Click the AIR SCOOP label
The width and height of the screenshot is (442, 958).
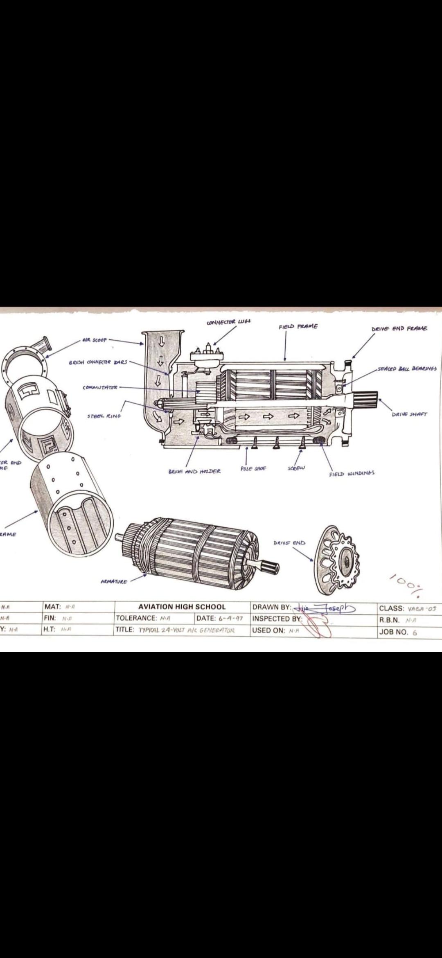click(95, 340)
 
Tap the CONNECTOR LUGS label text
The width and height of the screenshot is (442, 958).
click(229, 322)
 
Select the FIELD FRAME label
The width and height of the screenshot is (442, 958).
click(298, 327)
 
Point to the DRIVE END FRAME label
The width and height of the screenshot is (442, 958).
click(399, 328)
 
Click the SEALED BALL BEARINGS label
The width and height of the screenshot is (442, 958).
click(407, 368)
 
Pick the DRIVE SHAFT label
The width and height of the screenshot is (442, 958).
click(409, 414)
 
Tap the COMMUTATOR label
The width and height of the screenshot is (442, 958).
click(100, 387)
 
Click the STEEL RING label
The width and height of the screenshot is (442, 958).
click(104, 416)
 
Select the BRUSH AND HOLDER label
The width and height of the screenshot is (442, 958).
click(194, 471)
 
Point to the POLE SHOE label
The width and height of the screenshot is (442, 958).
click(253, 468)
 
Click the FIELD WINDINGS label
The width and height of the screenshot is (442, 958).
click(352, 474)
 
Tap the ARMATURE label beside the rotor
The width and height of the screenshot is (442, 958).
click(114, 581)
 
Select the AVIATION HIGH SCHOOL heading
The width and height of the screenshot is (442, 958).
click(182, 607)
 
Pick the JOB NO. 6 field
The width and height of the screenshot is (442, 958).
click(398, 632)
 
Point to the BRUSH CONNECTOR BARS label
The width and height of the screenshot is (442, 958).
click(98, 362)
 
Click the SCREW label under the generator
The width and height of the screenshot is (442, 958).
click(296, 468)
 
